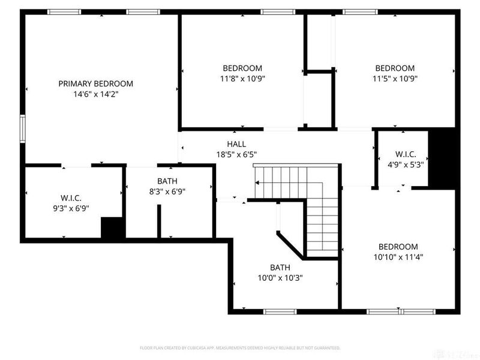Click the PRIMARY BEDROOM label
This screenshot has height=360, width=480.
95,83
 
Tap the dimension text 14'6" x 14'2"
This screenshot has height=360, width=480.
95,94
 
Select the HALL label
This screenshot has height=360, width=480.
236,144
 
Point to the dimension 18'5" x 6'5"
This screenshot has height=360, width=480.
236,154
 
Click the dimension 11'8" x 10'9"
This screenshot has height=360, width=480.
242,78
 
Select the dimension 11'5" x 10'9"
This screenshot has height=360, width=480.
394,78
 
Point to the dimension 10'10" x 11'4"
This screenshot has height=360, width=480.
397,257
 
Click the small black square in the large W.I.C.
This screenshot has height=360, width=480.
112,229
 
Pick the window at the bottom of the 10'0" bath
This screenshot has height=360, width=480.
280,311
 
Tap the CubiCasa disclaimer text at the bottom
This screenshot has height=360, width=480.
239,347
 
